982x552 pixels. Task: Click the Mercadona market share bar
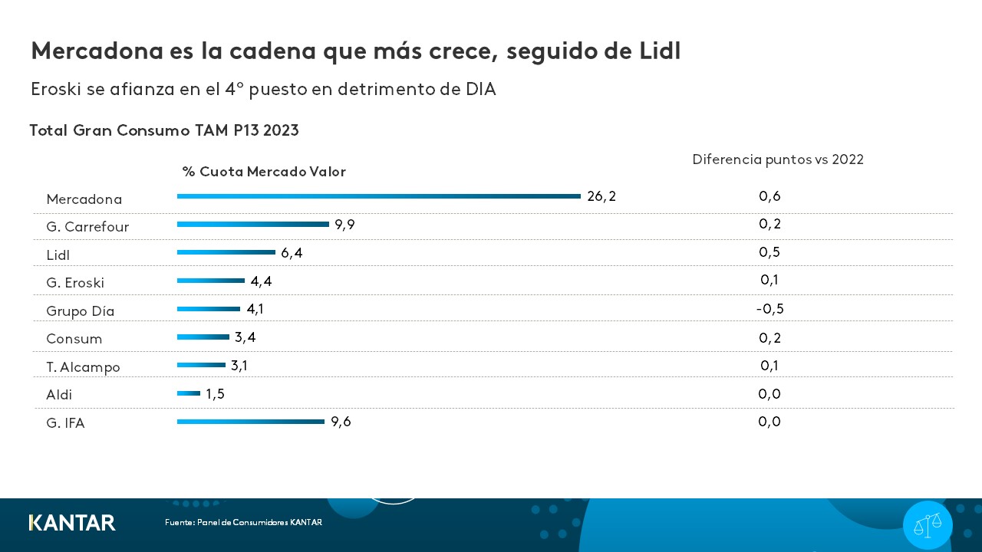(378, 196)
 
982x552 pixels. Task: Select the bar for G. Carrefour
(253, 225)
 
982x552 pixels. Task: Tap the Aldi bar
(189, 393)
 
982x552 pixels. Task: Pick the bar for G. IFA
(251, 422)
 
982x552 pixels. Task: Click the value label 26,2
(601, 196)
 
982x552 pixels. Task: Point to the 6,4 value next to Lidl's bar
(292, 253)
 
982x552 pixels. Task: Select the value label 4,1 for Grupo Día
(255, 309)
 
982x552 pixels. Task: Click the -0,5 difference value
(769, 309)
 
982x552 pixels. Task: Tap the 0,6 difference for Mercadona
(769, 196)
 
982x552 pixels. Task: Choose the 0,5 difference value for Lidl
(769, 252)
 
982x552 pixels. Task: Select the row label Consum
(74, 339)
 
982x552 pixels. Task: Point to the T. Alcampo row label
(83, 367)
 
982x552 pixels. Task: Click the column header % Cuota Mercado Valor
(264, 172)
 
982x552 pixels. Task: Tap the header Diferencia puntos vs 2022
(778, 159)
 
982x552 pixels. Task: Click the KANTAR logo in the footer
(72, 523)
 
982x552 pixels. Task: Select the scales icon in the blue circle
(928, 525)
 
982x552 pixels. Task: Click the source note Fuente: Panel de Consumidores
(243, 523)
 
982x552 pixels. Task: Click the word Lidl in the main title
(659, 51)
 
